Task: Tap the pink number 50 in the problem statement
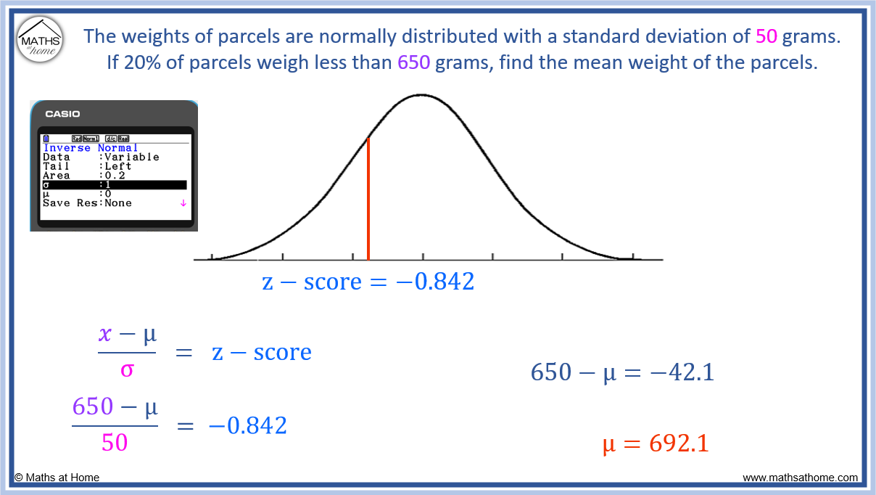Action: point(766,36)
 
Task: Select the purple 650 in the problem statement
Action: point(413,62)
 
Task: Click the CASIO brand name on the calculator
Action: point(63,114)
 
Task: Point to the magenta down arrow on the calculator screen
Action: point(183,203)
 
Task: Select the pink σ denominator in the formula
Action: point(127,369)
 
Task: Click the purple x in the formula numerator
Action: point(106,334)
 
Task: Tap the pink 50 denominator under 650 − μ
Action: point(115,442)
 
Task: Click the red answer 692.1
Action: point(679,443)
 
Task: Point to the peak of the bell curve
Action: point(421,95)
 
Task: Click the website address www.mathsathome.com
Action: point(800,478)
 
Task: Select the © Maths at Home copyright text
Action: point(57,478)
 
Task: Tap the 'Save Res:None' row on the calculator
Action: point(87,203)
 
